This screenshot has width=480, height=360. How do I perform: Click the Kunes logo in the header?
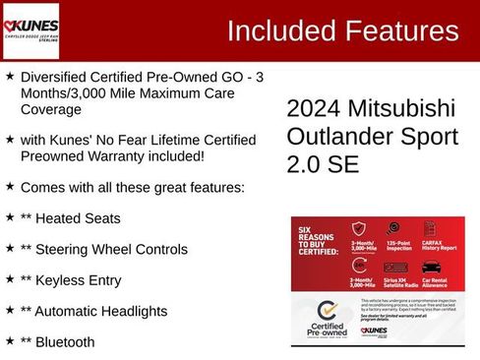click(x=31, y=30)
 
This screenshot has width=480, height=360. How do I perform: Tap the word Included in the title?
click(x=280, y=30)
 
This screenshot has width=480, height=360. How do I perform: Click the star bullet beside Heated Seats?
click(x=10, y=216)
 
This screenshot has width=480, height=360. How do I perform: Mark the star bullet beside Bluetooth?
click(x=10, y=341)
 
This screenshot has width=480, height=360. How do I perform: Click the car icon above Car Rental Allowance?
click(x=431, y=266)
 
